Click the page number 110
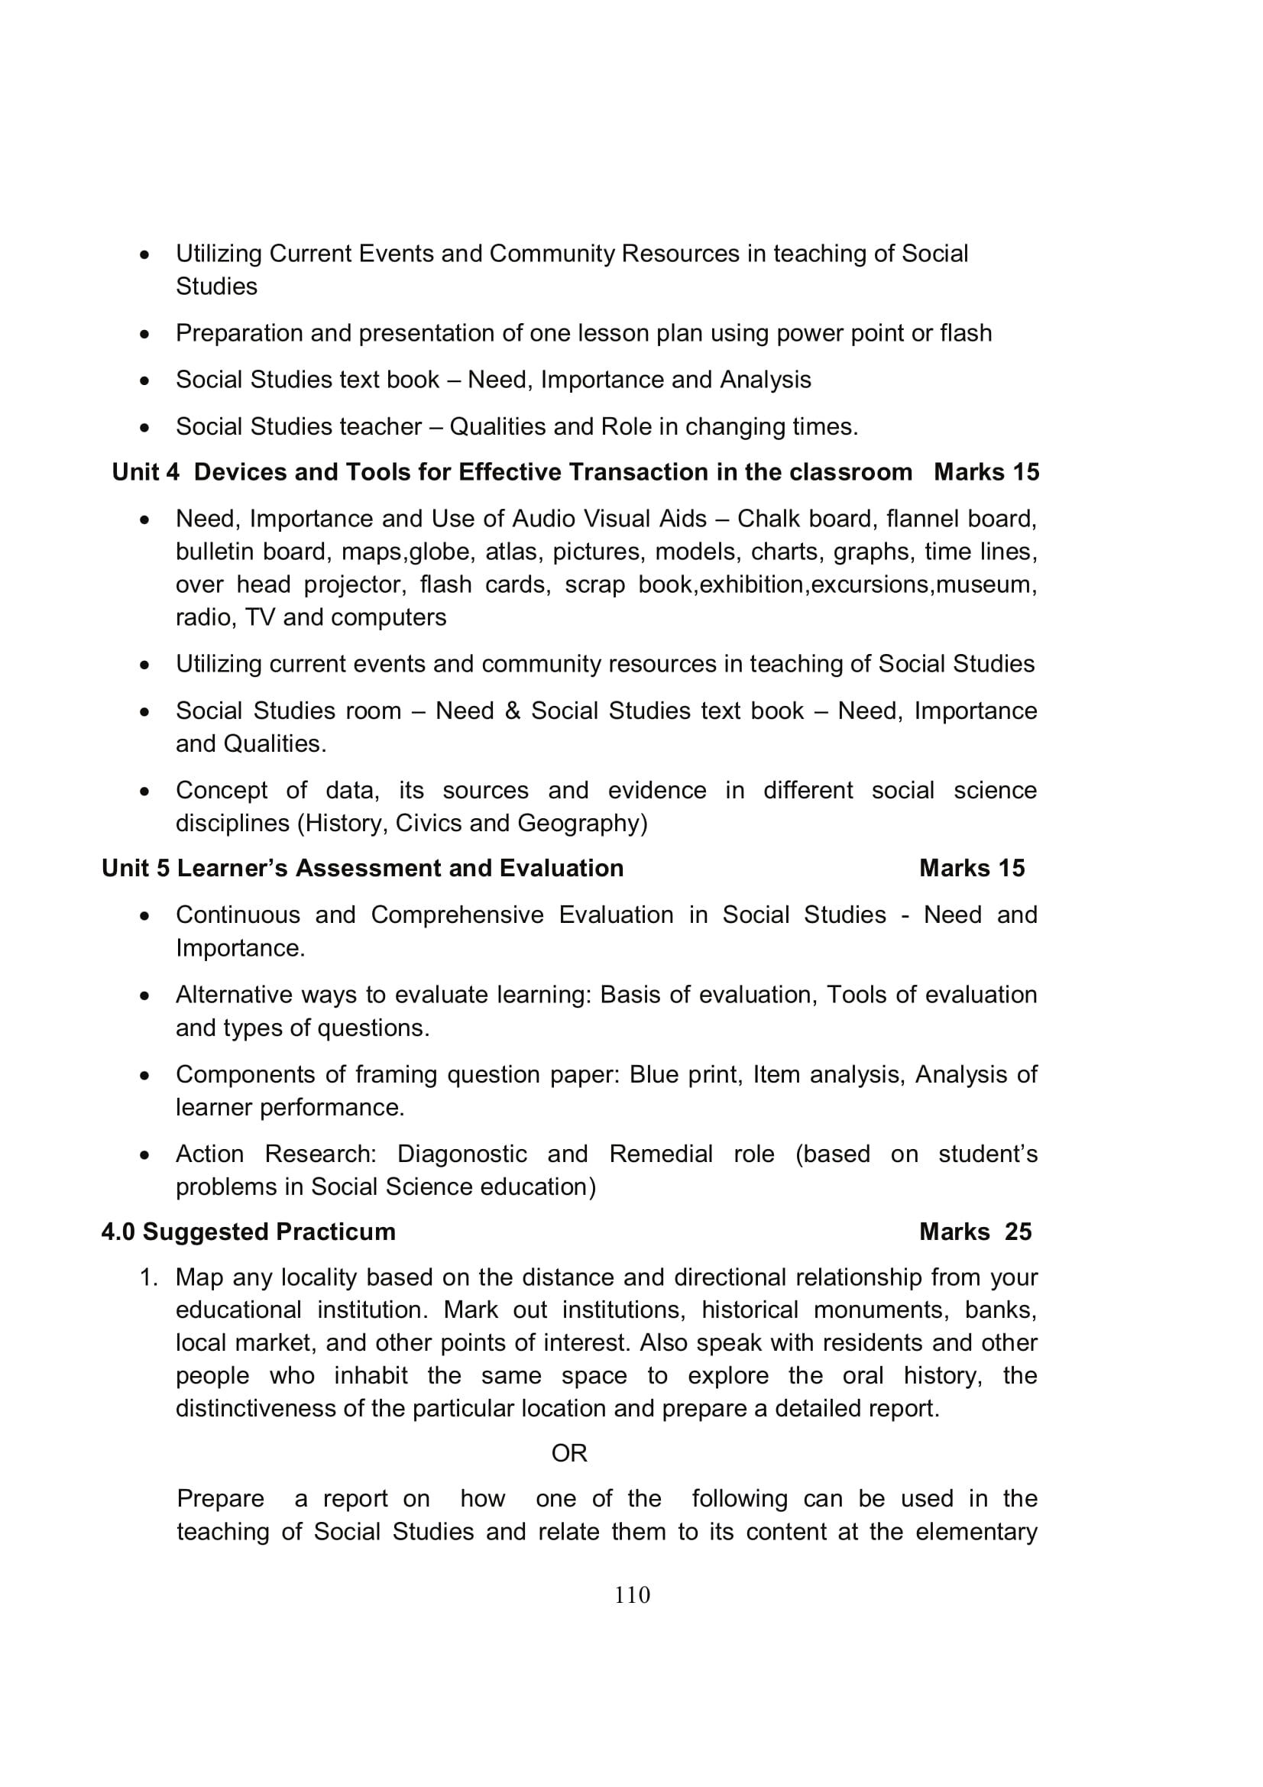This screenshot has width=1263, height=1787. (x=632, y=1594)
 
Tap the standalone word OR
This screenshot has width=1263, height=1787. (x=569, y=1453)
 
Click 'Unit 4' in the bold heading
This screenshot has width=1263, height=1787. (x=145, y=472)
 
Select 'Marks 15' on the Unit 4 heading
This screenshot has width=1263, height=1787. (x=986, y=472)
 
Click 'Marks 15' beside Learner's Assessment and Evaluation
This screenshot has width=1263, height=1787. (x=972, y=869)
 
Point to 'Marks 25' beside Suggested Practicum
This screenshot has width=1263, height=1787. (x=975, y=1232)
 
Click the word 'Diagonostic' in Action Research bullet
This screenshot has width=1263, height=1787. (x=461, y=1154)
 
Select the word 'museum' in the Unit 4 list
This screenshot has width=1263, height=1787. (x=985, y=584)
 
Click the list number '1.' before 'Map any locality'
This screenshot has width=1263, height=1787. (x=149, y=1278)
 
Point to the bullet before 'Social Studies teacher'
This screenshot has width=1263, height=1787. (x=144, y=427)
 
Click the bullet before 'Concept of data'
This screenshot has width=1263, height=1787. (x=144, y=792)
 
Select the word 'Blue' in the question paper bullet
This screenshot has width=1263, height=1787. (x=651, y=1075)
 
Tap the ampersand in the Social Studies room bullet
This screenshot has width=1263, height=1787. (x=512, y=711)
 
